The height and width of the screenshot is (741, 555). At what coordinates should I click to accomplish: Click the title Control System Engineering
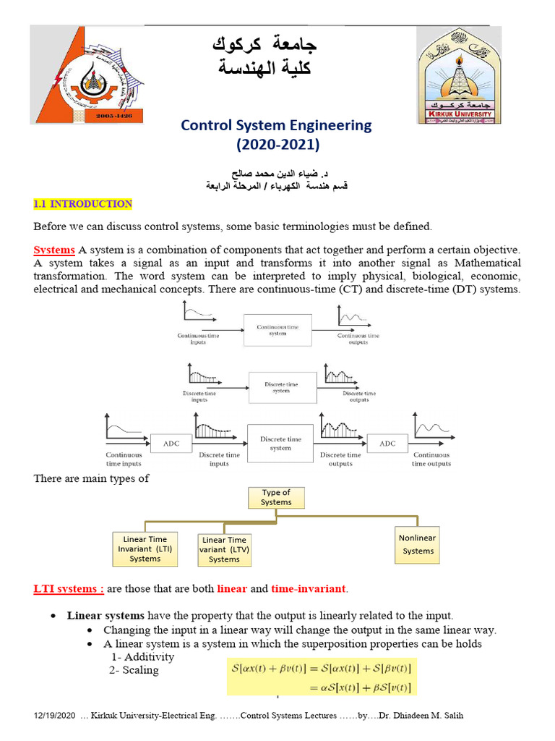(x=276, y=125)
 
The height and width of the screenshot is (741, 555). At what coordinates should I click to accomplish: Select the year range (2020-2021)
(x=277, y=144)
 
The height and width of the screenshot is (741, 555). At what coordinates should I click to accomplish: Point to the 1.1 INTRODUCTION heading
(x=83, y=204)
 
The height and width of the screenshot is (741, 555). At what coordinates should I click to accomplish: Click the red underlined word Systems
(x=54, y=250)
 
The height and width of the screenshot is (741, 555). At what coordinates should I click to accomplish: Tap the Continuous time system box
(x=277, y=330)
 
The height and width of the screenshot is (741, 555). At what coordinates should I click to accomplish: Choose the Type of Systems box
(x=276, y=497)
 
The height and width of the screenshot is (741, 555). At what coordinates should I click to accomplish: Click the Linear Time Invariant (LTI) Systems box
(x=145, y=549)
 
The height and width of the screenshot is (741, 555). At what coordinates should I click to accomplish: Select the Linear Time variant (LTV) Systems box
(x=224, y=549)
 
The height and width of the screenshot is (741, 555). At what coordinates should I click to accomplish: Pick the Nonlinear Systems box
(x=418, y=544)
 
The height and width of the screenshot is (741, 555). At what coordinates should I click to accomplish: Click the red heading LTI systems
(x=69, y=588)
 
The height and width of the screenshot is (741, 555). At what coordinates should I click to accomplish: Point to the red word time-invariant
(x=311, y=588)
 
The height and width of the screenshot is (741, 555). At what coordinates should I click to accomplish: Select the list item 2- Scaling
(x=134, y=670)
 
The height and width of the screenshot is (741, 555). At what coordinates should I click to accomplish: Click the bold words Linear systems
(x=106, y=616)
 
